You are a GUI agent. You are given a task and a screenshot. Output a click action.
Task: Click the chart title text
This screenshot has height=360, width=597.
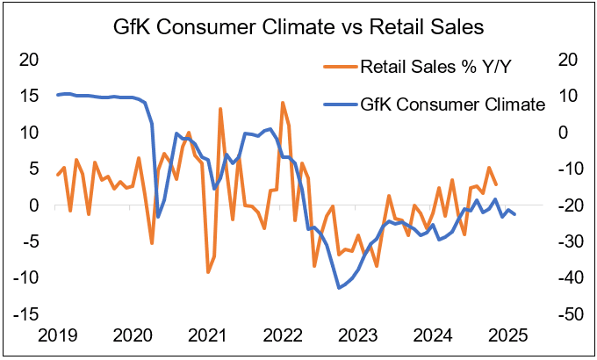coord(298,25)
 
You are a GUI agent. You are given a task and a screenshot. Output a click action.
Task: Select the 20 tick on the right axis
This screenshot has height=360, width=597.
coord(565,60)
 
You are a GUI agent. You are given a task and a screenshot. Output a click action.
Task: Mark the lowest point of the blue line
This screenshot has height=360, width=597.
coord(339,287)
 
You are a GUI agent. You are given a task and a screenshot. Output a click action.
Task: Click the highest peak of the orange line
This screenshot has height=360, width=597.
coord(283,103)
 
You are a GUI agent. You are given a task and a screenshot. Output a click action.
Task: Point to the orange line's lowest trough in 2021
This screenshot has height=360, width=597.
coord(208,272)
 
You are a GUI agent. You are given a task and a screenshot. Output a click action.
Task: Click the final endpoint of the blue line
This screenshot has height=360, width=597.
coord(514,214)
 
